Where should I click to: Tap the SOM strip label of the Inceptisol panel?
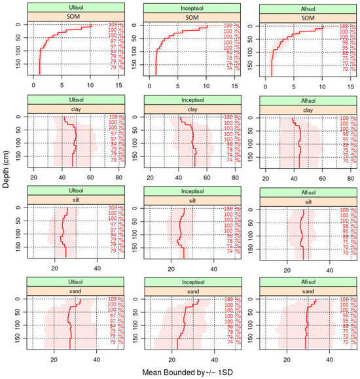[x=186, y=17]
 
